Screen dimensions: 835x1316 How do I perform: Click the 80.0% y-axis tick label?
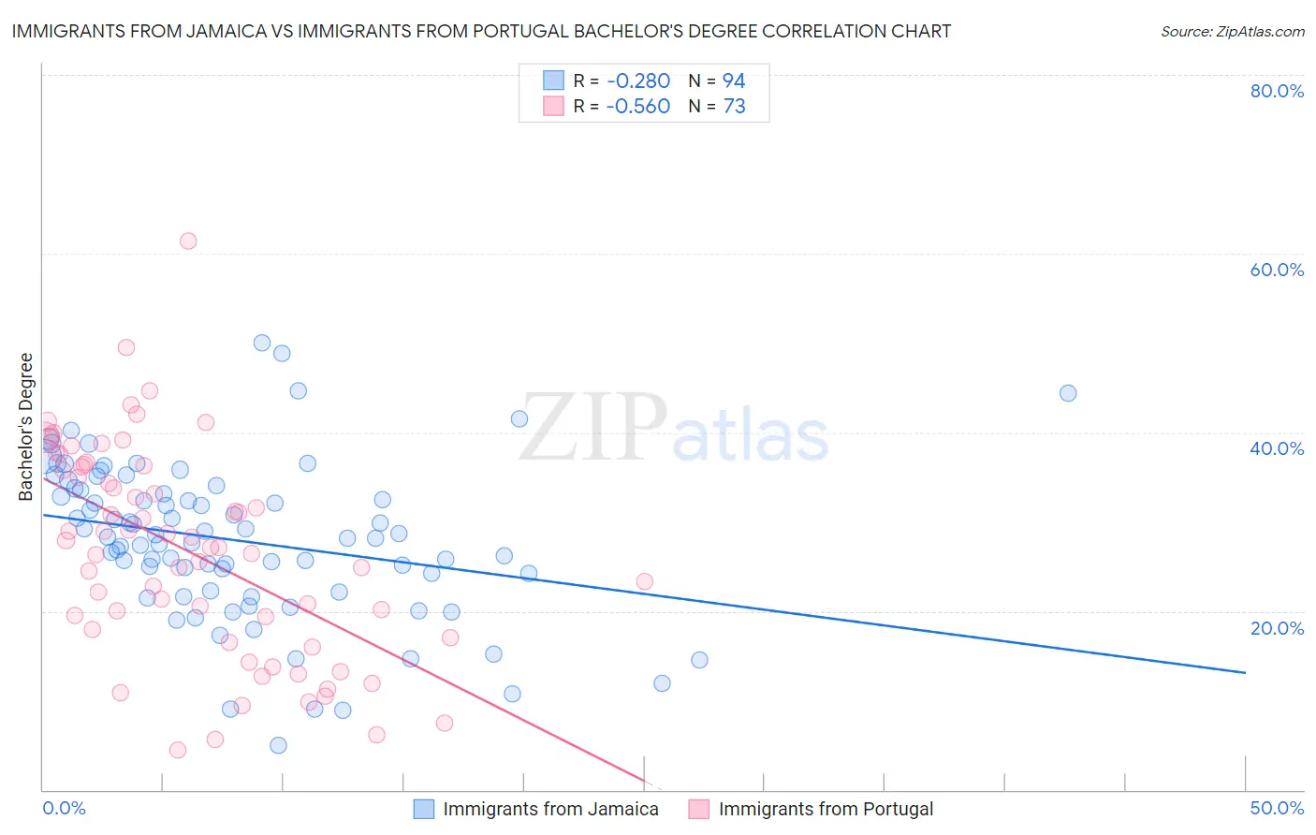[x=1277, y=91]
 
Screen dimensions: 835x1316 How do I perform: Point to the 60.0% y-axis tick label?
[x=1277, y=270]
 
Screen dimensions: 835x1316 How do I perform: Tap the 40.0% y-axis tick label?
[x=1277, y=448]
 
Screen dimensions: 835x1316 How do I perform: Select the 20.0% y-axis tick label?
[x=1277, y=628]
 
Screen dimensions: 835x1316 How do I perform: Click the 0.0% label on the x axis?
[x=64, y=808]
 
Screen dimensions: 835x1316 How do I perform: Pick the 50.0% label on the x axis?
[x=1277, y=808]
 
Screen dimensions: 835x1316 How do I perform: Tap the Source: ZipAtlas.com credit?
[x=1232, y=32]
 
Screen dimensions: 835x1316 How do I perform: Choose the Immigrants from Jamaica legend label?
[x=550, y=809]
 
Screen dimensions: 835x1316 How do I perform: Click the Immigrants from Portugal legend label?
[x=826, y=809]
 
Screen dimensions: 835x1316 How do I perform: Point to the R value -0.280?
[x=637, y=81]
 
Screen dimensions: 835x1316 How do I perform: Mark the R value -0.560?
[x=637, y=107]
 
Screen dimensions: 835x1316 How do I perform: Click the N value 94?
[x=734, y=81]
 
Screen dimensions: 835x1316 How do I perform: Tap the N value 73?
[x=734, y=107]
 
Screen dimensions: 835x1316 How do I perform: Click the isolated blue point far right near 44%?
[x=1068, y=393]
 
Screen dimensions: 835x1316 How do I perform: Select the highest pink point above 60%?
[x=188, y=241]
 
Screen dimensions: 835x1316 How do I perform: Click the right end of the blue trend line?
[x=1245, y=672]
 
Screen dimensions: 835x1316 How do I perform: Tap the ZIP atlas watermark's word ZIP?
[x=593, y=428]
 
